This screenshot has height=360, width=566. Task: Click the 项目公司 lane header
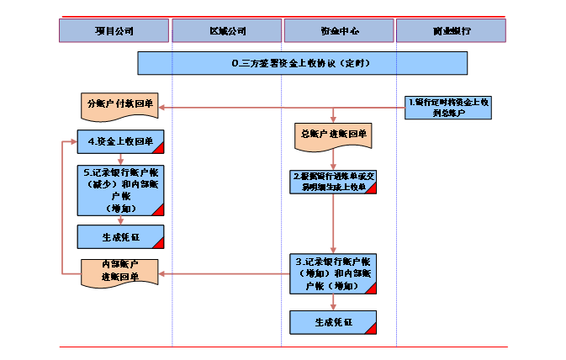(114, 31)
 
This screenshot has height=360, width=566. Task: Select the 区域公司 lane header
(227, 31)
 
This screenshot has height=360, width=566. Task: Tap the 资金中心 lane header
(339, 31)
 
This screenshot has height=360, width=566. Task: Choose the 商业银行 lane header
(451, 31)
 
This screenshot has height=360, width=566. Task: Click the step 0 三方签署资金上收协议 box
(302, 63)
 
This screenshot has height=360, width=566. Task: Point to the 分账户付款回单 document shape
(120, 105)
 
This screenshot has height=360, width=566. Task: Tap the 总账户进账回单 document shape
(334, 135)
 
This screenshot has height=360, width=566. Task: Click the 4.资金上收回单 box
(120, 142)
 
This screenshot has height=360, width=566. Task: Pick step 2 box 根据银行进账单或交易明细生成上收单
(334, 182)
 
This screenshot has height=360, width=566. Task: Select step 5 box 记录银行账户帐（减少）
(120, 189)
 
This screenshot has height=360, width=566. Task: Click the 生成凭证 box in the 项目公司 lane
(120, 237)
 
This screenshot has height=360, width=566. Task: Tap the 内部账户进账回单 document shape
(120, 273)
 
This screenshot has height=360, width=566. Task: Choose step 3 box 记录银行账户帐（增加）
(334, 273)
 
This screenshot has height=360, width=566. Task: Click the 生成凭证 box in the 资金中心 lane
(334, 322)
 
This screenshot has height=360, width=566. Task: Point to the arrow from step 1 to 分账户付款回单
(282, 107)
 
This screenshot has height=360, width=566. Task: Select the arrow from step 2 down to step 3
(334, 224)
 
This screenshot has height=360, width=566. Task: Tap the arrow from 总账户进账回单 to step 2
(334, 159)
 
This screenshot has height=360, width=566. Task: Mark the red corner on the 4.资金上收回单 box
(158, 149)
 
